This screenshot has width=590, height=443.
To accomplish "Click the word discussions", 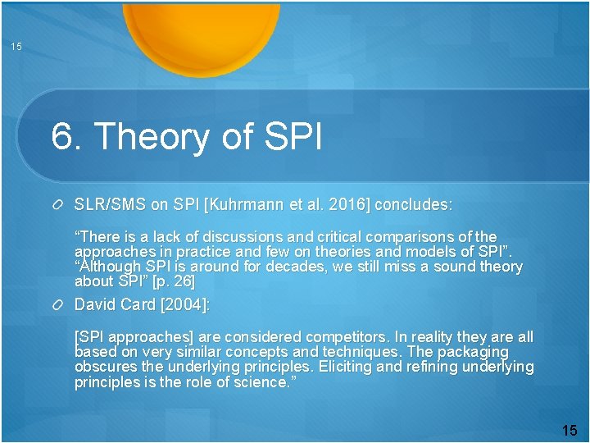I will pyautogui.click(x=251, y=237).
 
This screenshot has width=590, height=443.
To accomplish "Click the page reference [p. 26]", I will pyautogui.click(x=174, y=281).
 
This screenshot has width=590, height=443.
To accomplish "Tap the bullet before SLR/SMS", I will pyautogui.click(x=58, y=203).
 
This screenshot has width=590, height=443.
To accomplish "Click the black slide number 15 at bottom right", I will pyautogui.click(x=570, y=430).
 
